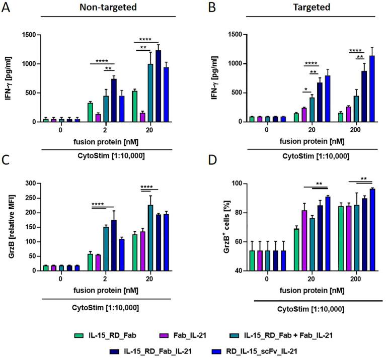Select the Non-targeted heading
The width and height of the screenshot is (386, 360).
[103, 8]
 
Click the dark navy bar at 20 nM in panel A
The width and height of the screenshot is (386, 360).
[158, 86]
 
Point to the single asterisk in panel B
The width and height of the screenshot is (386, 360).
[307, 90]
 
